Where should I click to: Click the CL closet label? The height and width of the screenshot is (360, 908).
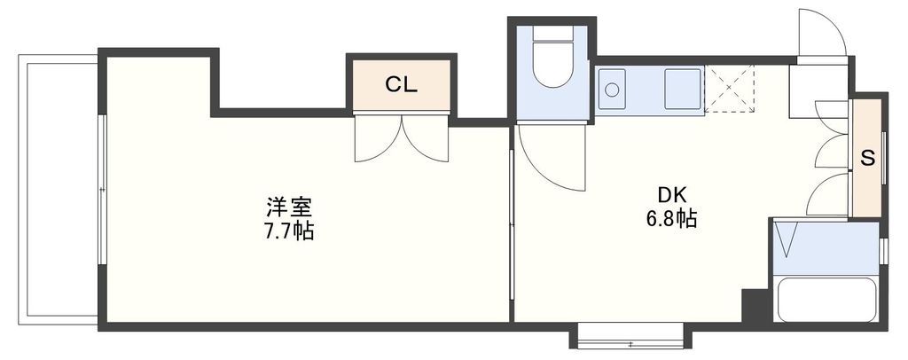401,85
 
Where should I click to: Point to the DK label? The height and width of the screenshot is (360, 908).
671,195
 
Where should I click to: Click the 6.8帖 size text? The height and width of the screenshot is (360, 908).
671,219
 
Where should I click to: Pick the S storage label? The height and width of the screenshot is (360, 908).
868,159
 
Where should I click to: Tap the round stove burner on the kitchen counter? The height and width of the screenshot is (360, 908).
611,89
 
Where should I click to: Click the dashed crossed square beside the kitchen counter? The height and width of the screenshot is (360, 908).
729,90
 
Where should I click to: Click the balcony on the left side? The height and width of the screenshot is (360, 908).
58,190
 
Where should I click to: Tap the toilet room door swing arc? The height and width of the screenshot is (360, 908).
550,158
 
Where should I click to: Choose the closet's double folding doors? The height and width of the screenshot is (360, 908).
401,137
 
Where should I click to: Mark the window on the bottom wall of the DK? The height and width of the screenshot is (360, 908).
630,337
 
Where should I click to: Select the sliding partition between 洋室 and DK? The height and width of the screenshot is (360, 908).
512,226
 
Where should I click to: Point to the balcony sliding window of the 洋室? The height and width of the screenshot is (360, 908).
102,190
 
